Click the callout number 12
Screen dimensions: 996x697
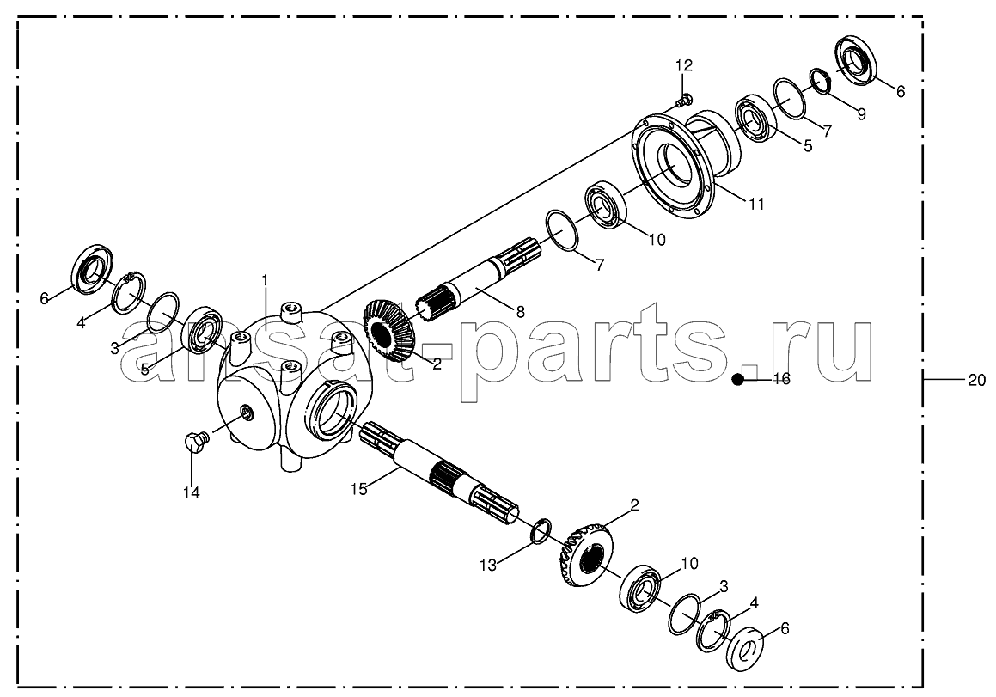pos(683,64)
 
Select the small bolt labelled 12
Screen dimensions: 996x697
pos(683,99)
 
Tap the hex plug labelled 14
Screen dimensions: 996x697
pos(194,441)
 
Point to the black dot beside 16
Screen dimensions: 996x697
pos(737,379)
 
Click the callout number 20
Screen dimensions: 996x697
pos(976,380)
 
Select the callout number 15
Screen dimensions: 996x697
pos(359,489)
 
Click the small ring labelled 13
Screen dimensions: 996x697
pos(541,531)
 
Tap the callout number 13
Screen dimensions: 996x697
pos(488,564)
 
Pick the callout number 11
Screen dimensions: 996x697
pos(756,204)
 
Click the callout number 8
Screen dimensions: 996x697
pos(520,311)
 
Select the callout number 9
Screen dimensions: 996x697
pos(861,115)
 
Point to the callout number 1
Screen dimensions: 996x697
pos(265,279)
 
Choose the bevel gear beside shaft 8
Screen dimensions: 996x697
pos(388,332)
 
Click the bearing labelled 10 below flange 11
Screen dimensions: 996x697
pos(605,205)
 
